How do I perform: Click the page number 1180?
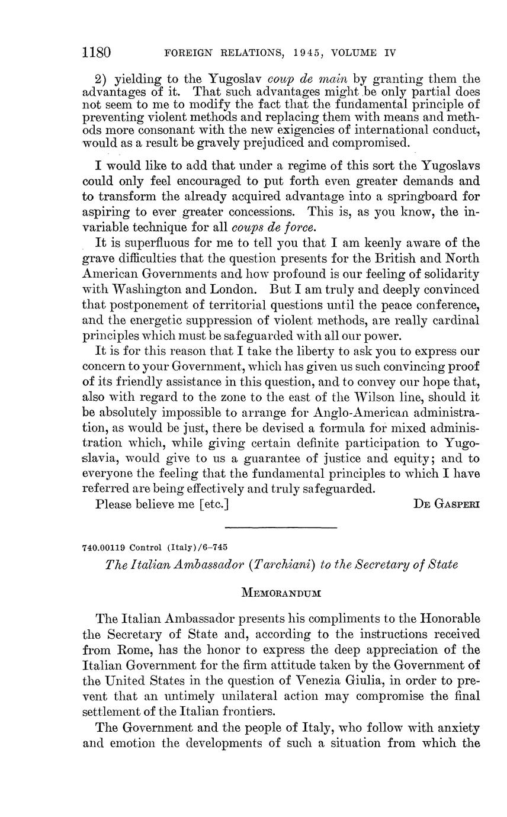(97, 52)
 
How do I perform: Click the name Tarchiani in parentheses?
(281, 564)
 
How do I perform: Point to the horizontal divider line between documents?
(281, 527)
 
